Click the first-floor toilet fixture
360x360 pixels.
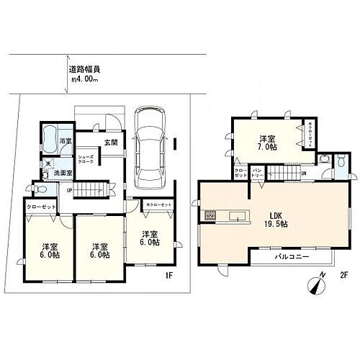point(40,190)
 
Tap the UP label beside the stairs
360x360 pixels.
point(69,189)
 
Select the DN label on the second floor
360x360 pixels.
point(303,173)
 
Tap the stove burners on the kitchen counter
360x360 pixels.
point(210,215)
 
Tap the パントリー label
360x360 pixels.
point(257,174)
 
